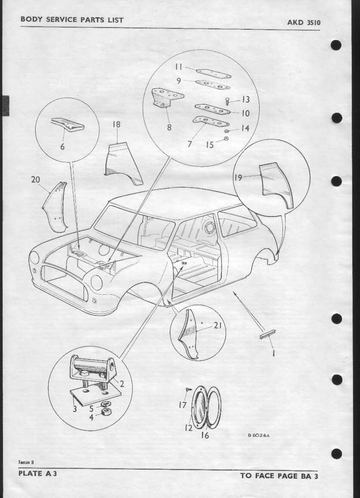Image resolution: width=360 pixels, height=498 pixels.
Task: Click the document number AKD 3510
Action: click(304, 22)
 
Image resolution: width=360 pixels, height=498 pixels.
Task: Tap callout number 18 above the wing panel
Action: click(116, 124)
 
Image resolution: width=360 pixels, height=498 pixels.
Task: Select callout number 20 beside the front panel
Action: click(35, 179)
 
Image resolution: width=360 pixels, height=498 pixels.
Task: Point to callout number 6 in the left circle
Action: click(62, 146)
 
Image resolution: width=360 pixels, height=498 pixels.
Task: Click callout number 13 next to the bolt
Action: click(245, 99)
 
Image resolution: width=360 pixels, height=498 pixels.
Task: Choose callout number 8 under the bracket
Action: click(169, 127)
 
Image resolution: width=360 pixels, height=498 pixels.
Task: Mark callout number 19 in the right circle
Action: click(238, 177)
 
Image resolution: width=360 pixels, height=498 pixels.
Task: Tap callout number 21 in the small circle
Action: click(217, 325)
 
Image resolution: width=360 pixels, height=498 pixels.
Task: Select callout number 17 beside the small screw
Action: click(183, 405)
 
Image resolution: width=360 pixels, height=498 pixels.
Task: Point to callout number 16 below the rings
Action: click(205, 435)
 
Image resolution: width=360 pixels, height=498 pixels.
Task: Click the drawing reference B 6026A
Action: click(258, 436)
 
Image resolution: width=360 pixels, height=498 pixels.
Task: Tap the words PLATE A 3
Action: click(37, 473)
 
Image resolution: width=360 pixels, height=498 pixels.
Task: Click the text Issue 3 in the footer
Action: click(26, 462)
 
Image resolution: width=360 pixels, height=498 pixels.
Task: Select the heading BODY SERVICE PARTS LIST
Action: click(72, 19)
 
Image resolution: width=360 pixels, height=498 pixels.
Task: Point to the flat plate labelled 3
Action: click(95, 396)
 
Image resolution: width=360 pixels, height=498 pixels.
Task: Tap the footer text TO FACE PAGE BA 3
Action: click(279, 476)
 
